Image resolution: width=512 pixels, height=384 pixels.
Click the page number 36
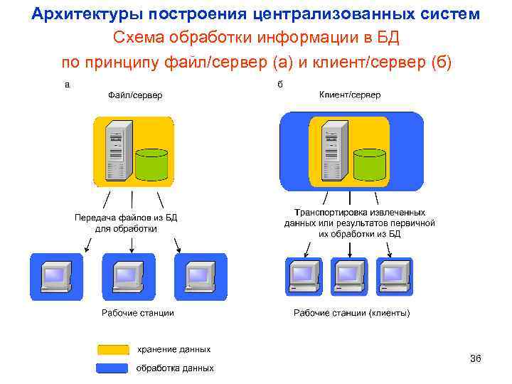point(476,358)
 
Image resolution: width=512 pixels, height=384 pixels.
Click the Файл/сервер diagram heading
point(135,95)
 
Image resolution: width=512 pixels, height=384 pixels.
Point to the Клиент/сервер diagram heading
point(349,95)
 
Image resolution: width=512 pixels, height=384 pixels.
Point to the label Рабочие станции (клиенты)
point(352,313)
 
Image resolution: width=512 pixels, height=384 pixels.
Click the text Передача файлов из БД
point(126,218)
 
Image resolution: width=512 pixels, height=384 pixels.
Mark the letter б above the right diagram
point(280,84)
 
